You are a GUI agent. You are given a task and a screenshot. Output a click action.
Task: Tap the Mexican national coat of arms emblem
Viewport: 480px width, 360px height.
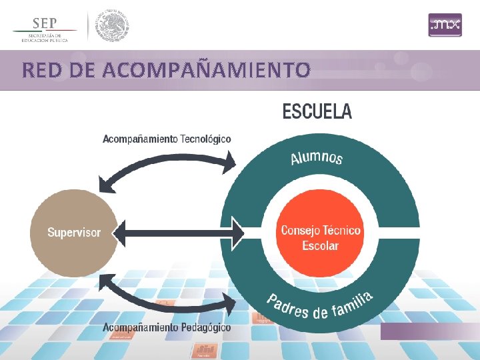(x=111, y=27)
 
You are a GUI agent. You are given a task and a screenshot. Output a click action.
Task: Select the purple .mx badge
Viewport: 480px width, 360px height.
(x=445, y=25)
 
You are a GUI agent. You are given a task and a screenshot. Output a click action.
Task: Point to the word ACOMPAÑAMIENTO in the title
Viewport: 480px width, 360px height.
(x=206, y=69)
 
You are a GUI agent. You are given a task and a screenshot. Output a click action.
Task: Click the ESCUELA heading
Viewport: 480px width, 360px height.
(x=317, y=111)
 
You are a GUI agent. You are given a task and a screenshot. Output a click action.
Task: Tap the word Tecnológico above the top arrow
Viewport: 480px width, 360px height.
(x=206, y=139)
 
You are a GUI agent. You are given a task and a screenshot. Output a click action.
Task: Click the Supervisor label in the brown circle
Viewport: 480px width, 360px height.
(x=74, y=233)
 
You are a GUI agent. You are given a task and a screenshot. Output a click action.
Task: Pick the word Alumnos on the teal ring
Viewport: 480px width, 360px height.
(x=317, y=157)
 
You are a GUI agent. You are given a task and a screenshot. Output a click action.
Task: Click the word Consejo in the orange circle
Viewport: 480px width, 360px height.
(x=301, y=231)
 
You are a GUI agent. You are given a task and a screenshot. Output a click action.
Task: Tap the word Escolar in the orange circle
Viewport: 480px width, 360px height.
(x=320, y=245)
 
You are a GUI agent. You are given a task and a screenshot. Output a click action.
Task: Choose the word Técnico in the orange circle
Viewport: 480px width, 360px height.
(x=341, y=231)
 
